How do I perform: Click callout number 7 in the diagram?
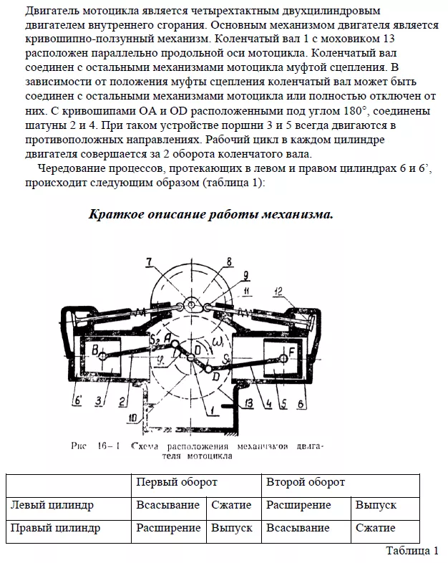[149, 261]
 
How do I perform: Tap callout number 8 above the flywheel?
[229, 261]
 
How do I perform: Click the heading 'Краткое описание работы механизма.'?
[210, 214]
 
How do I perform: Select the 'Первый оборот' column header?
[177, 482]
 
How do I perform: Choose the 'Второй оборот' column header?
[306, 482]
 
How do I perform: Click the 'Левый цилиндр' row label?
[52, 505]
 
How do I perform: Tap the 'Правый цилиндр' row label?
[54, 528]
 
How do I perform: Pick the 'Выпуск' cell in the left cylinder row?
[376, 505]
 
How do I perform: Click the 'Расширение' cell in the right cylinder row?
[168, 528]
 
